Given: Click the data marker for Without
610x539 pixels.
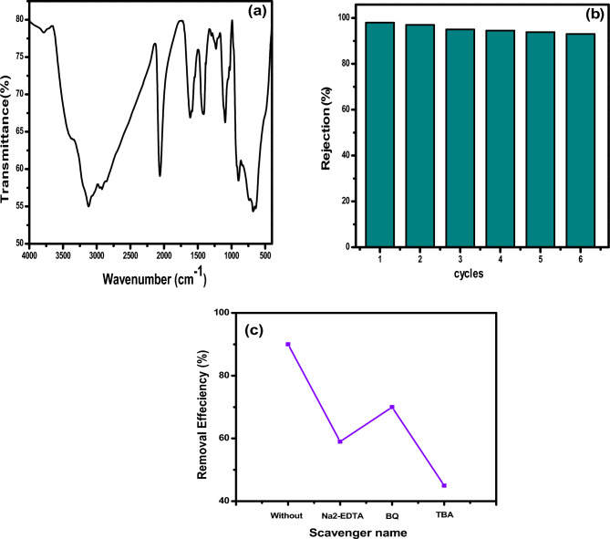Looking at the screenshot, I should pyautogui.click(x=288, y=344).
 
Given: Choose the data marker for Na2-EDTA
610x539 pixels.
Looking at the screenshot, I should pyautogui.click(x=340, y=441).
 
